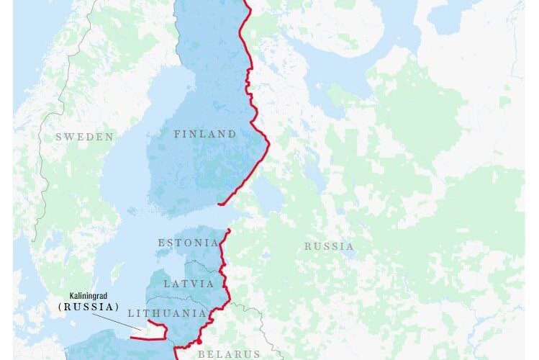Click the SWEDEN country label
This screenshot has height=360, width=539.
pyautogui.click(x=85, y=137)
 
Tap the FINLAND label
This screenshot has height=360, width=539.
pyautogui.click(x=205, y=134)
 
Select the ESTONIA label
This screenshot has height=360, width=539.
pyautogui.click(x=188, y=243)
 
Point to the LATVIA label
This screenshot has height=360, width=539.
pyautogui.click(x=189, y=284)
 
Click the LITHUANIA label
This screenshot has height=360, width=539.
pyautogui.click(x=166, y=313)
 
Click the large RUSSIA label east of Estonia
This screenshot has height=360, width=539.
pyautogui.click(x=329, y=246)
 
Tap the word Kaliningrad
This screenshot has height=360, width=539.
pyautogui.click(x=94, y=295)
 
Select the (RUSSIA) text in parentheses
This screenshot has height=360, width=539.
pyautogui.click(x=88, y=306)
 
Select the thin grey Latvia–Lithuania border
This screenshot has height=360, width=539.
pyautogui.click(x=180, y=298)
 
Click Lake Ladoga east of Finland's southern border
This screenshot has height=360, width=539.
pyautogui.click(x=268, y=193)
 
